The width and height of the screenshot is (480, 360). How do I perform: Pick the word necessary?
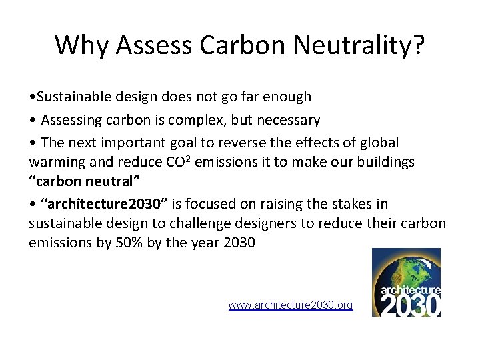click(x=287, y=121)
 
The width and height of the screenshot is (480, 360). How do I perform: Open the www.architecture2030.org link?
click(x=290, y=305)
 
